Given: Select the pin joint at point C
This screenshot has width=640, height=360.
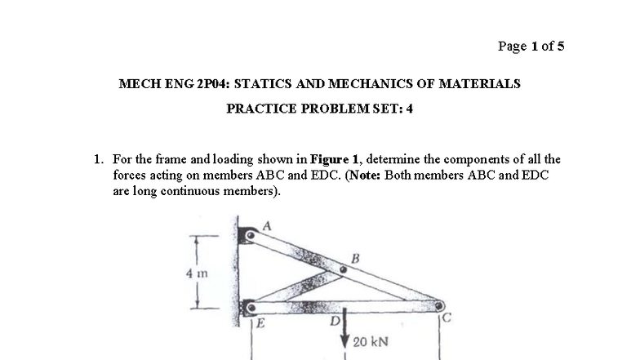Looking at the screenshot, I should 439,306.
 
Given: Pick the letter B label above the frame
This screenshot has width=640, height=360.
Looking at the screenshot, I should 353,259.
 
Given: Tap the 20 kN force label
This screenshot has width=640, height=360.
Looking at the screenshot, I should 371,340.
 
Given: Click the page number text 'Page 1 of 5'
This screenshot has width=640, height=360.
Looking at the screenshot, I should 531,46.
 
